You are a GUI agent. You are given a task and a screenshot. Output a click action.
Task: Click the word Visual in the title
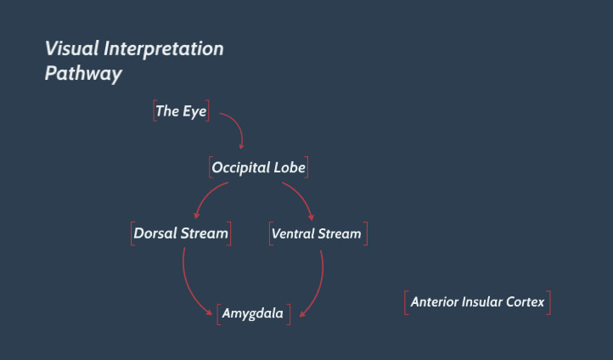72,49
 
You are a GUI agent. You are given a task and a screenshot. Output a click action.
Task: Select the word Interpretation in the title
163,49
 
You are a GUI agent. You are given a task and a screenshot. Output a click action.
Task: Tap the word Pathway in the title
83,74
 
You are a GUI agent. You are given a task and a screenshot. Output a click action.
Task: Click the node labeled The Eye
181,111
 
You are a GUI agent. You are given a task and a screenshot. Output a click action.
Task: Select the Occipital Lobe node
258,167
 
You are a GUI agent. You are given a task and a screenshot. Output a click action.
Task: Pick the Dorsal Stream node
181,233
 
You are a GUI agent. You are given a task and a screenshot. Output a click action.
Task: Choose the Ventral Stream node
317,233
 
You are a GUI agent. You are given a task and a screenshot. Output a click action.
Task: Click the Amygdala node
253,313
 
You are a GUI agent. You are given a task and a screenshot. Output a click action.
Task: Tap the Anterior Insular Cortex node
477,302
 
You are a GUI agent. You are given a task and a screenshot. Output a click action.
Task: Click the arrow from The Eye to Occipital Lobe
239,124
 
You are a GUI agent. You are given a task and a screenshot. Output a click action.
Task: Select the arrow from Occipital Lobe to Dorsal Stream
205,194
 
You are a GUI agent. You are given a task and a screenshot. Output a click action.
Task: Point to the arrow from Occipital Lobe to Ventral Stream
303,195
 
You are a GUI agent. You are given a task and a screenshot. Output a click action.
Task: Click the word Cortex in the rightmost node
525,301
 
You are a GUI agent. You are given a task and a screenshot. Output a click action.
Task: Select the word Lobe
290,167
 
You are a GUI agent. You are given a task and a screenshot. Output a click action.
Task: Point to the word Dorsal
155,233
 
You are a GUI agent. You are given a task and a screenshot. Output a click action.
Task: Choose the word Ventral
292,233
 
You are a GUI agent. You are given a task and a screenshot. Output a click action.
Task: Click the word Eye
194,112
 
